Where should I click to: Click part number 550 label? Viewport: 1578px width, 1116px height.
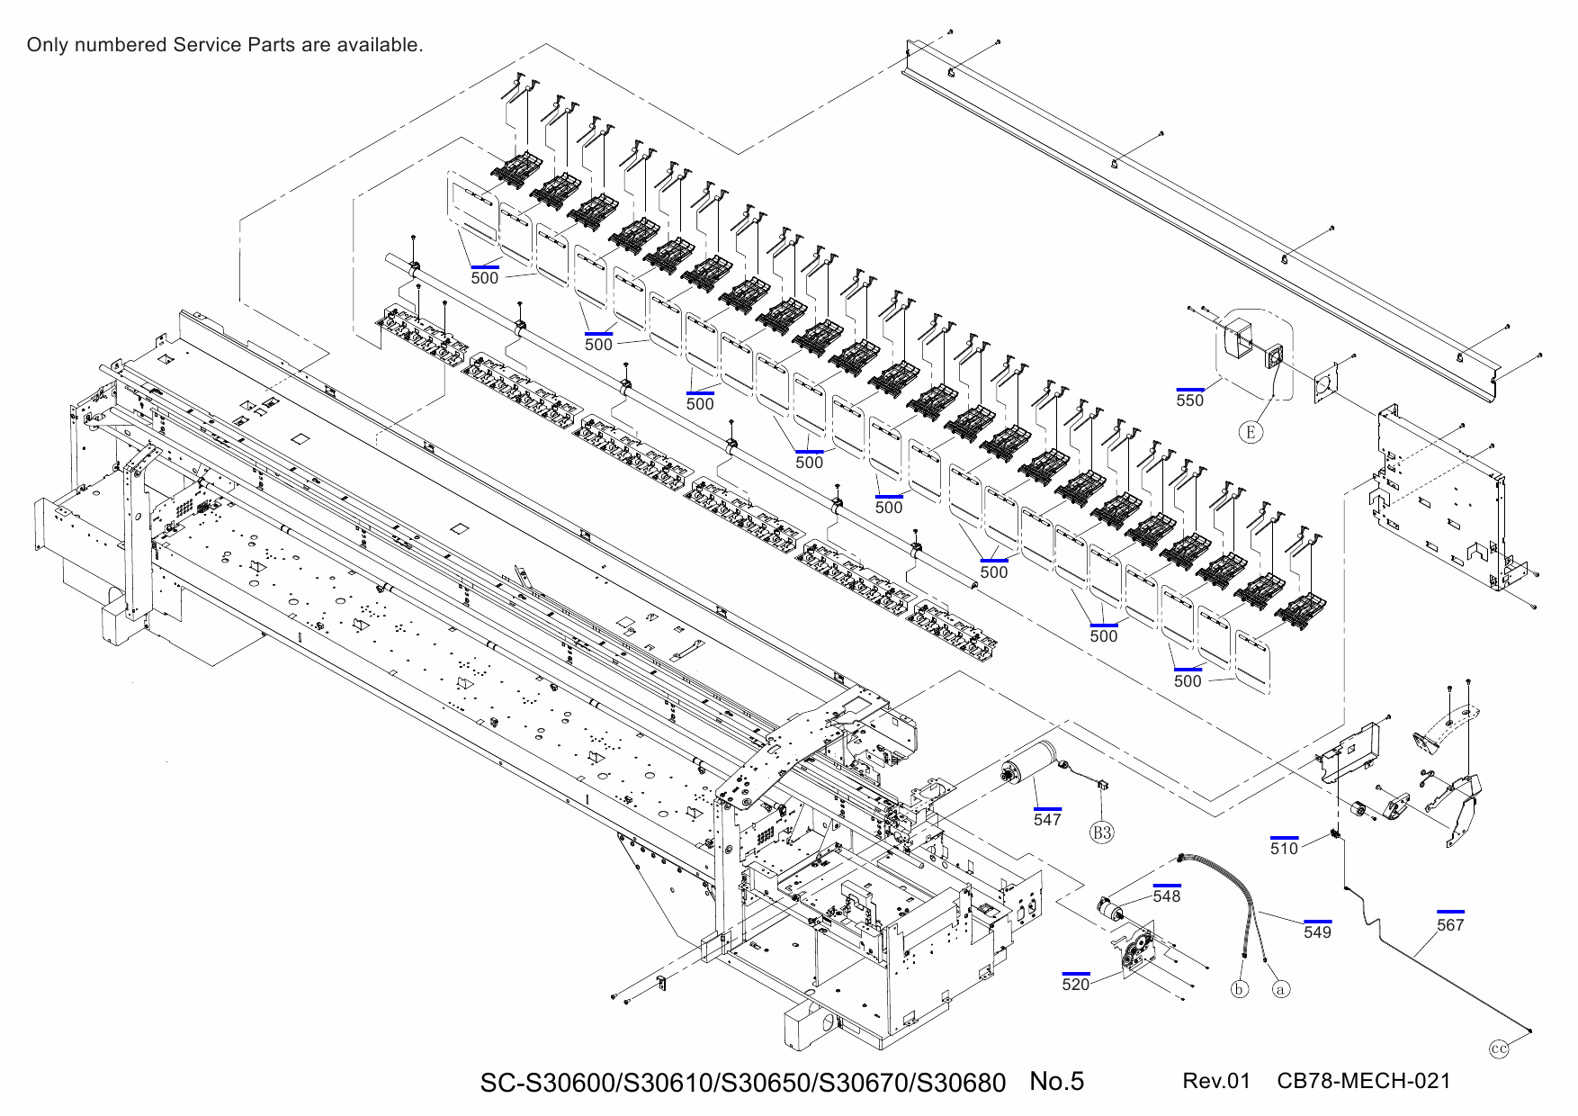coord(1189,400)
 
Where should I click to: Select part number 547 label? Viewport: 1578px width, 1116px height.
coord(1047,819)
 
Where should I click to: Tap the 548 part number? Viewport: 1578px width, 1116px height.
coord(1166,895)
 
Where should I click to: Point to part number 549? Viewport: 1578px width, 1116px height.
coord(1317,931)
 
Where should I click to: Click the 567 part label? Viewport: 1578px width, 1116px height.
coord(1449,924)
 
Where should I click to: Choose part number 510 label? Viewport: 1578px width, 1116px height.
coord(1284,848)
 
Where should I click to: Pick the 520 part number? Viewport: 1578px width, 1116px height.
coord(1075,984)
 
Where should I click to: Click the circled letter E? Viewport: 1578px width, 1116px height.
coord(1251,433)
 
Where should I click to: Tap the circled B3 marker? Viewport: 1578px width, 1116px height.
coord(1102,832)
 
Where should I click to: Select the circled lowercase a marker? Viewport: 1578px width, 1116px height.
coord(1281,989)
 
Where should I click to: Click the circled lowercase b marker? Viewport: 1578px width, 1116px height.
coord(1240,989)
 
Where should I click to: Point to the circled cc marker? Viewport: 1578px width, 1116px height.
coord(1499,1048)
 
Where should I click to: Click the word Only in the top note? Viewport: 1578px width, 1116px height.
coord(47,45)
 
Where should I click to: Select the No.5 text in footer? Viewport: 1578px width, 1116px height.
coord(1056,1081)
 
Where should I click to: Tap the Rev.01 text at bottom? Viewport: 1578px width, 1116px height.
coord(1216,1081)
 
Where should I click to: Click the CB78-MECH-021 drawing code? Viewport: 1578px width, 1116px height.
coord(1363,1081)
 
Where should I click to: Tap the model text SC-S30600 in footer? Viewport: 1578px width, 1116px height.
coord(546,1083)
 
